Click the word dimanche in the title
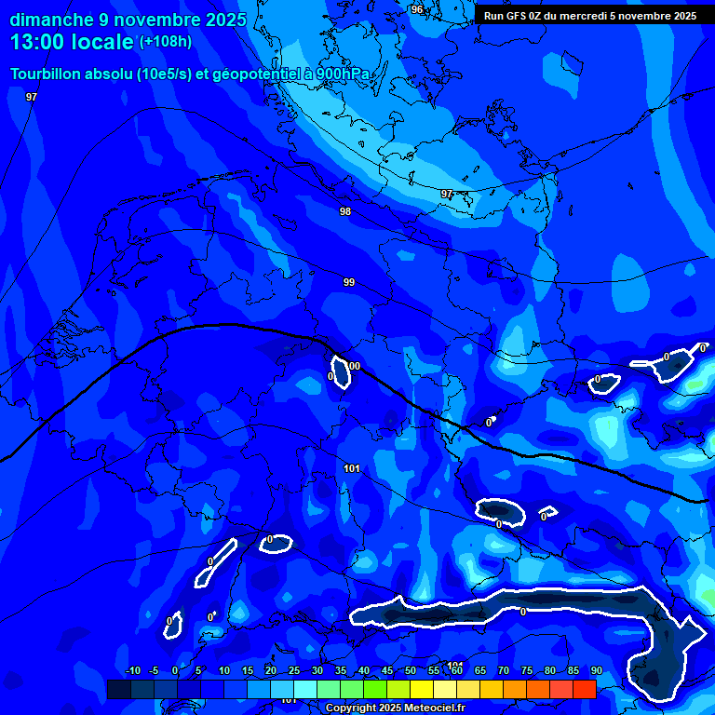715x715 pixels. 50,20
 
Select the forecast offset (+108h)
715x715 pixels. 166,42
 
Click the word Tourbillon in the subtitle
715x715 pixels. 47,74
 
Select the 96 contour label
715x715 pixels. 416,9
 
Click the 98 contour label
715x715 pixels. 345,211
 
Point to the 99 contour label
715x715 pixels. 349,282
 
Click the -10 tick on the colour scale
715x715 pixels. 132,671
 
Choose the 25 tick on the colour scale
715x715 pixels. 294,671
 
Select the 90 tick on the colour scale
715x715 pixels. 597,671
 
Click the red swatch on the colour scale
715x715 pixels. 584,689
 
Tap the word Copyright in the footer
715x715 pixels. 352,708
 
